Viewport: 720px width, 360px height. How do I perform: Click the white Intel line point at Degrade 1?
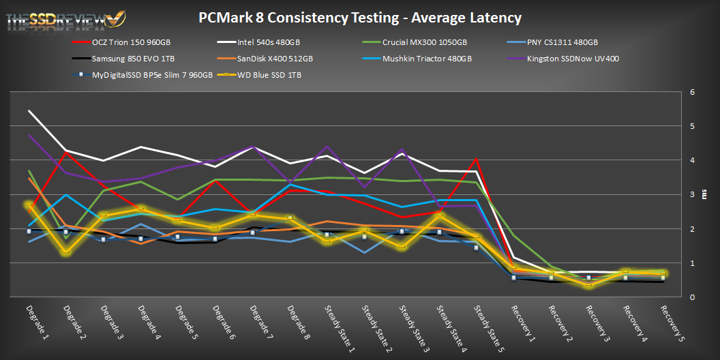coord(29,110)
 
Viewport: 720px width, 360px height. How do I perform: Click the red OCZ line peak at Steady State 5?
coord(477,160)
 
